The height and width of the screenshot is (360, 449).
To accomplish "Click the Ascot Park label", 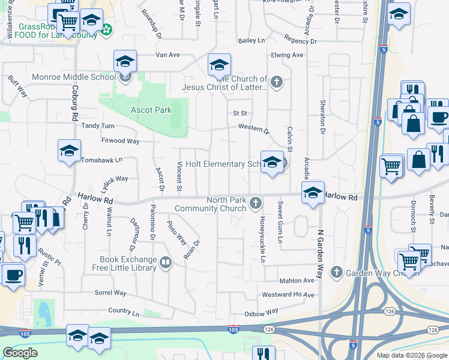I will point(151,110).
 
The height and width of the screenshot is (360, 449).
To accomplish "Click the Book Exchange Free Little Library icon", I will point(166,262).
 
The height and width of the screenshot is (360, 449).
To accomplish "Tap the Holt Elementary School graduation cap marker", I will point(272,162).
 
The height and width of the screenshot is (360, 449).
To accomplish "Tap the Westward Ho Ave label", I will point(288,295).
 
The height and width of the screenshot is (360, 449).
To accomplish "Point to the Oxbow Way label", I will point(261,313).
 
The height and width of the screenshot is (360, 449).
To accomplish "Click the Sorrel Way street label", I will point(110,293).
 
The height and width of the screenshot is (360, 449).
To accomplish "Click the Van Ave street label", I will point(167,55).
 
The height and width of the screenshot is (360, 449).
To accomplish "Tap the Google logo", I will point(20,353).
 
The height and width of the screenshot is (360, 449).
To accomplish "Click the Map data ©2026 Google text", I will point(412,355).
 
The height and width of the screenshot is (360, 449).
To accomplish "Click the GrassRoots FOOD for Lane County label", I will point(57,31).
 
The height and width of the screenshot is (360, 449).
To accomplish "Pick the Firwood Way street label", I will point(120,141).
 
